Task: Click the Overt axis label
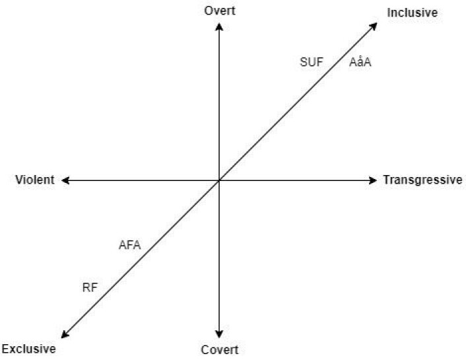point(220,11)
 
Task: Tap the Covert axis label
point(220,350)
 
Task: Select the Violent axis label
point(35,180)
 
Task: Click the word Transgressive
point(422,180)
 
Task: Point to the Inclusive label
point(413,13)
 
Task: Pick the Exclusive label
point(28,349)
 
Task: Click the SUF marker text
point(312,62)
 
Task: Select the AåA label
point(360,62)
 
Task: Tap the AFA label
point(129,245)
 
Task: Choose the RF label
point(90,288)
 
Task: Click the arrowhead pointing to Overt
point(219,27)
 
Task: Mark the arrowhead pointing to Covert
point(219,334)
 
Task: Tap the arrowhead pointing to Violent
point(65,180)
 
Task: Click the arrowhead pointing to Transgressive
point(373,180)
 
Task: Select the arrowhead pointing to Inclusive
point(374,26)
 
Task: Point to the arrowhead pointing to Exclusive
point(65,334)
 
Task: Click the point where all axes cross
point(219,180)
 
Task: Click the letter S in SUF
point(304,62)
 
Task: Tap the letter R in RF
point(86,288)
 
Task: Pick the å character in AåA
point(360,62)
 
